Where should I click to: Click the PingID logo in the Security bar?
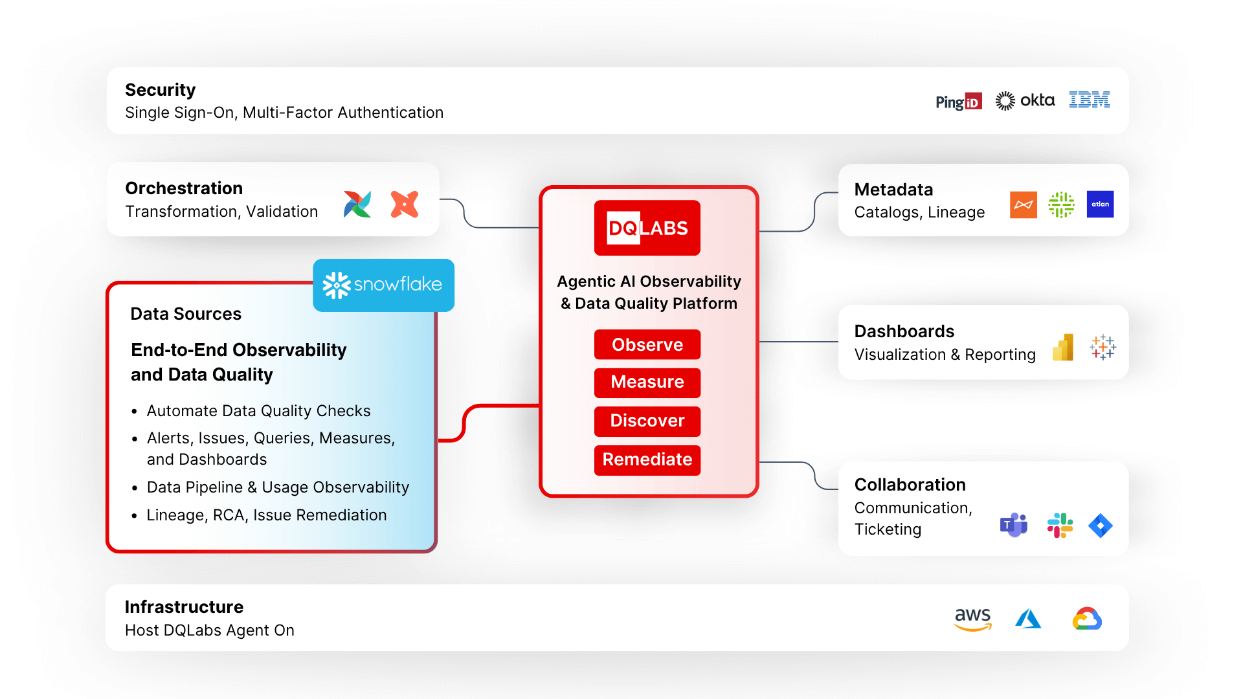[958, 102]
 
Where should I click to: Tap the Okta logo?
[1025, 100]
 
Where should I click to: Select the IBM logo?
[1089, 100]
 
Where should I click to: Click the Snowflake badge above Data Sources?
[383, 285]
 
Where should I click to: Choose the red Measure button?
[647, 382]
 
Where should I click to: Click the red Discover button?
[647, 421]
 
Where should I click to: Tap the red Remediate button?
[647, 460]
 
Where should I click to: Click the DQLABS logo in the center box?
[647, 228]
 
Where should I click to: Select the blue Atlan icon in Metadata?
[1100, 205]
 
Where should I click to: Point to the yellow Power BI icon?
[1063, 348]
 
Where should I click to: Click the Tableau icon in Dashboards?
[1103, 348]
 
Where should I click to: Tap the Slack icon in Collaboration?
[1060, 526]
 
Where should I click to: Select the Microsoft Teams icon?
[1014, 525]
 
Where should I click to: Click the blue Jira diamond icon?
[1100, 526]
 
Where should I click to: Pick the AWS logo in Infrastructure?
[972, 619]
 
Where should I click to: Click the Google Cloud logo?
[1087, 619]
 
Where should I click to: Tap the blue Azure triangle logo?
[1028, 619]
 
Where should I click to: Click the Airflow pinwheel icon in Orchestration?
[357, 205]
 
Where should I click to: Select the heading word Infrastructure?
[184, 607]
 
